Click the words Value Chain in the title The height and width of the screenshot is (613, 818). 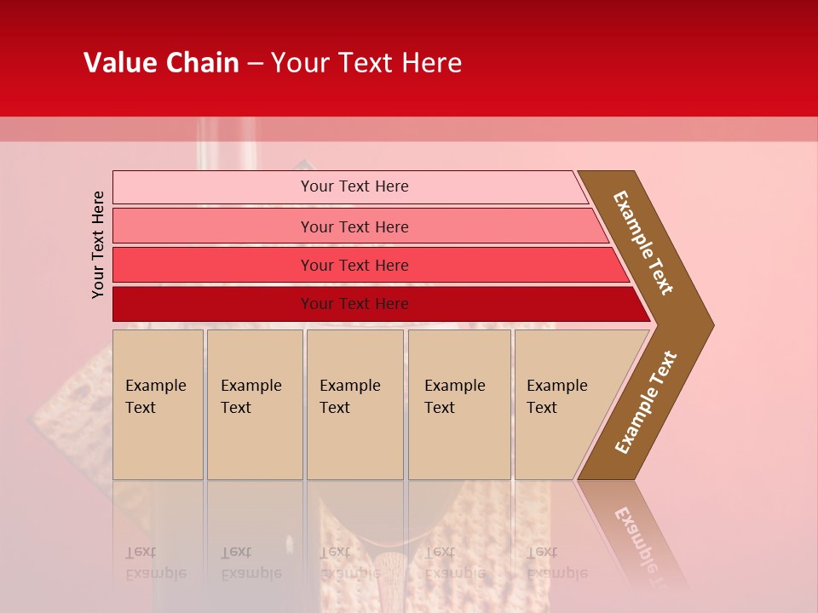161,63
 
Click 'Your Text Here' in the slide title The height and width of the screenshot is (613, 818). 366,63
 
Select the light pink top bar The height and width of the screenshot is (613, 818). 213,187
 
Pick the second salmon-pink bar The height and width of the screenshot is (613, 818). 213,226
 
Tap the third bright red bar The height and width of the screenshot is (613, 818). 213,265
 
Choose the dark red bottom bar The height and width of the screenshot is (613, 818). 213,304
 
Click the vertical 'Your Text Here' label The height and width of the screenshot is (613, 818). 98,244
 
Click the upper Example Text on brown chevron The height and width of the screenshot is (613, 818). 643,243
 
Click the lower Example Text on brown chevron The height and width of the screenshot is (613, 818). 646,402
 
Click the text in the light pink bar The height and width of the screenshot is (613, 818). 354,186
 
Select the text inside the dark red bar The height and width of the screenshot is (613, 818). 354,304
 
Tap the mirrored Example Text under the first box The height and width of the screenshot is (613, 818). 155,562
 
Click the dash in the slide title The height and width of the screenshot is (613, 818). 255,63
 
